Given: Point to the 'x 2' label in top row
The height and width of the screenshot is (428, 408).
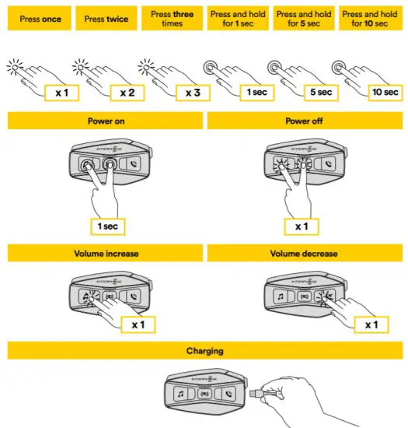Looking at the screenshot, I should [x=127, y=93].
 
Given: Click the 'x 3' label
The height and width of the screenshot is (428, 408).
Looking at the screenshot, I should [x=192, y=93].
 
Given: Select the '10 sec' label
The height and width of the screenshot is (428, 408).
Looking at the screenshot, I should [x=385, y=93].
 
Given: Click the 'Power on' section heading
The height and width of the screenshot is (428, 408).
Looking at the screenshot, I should [x=103, y=121].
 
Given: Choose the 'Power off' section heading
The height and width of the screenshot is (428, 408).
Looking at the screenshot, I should [x=305, y=121].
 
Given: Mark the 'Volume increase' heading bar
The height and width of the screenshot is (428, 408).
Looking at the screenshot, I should [x=103, y=254].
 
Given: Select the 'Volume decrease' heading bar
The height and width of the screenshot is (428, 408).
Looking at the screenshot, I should [x=305, y=254].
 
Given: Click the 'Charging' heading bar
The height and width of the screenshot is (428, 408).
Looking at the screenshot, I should [x=204, y=351].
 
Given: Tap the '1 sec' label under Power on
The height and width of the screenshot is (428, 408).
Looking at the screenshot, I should [x=104, y=226].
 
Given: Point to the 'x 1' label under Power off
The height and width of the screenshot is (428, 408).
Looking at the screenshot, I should [x=304, y=226].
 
